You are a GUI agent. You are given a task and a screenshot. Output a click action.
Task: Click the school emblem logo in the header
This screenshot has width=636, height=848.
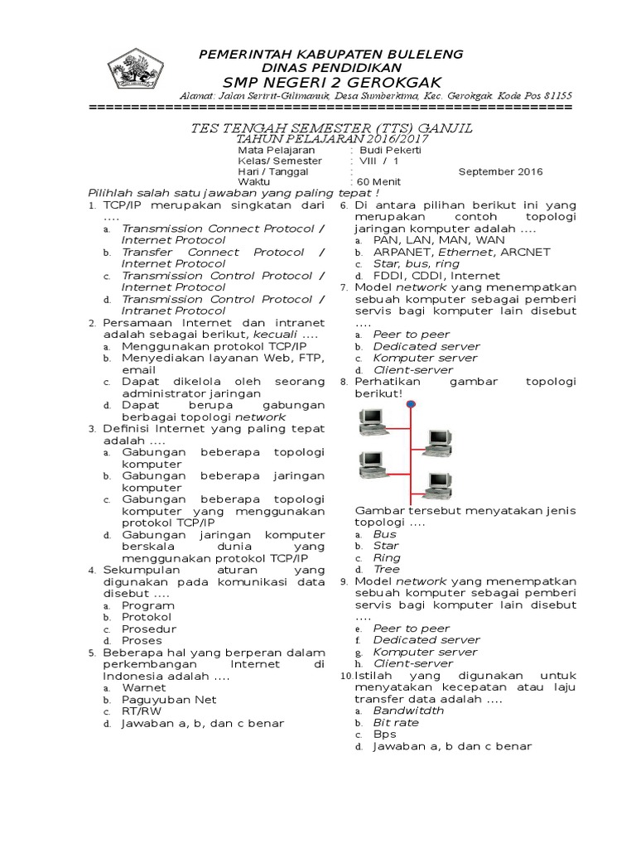click(x=137, y=70)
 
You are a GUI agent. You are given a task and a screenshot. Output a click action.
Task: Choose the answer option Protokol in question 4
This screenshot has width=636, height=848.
click(x=147, y=617)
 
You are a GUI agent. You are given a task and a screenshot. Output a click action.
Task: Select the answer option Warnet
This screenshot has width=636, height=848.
click(x=143, y=687)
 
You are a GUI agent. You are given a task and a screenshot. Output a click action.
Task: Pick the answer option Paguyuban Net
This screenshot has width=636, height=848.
click(x=169, y=699)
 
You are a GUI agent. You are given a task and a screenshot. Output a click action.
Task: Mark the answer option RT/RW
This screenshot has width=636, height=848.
click(x=142, y=711)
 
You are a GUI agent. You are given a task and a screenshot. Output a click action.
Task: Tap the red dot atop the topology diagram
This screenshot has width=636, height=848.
click(x=412, y=404)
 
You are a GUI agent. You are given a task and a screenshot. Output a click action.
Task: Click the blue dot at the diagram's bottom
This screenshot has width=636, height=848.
click(x=412, y=502)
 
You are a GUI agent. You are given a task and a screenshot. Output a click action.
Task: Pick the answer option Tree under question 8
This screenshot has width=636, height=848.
click(x=386, y=570)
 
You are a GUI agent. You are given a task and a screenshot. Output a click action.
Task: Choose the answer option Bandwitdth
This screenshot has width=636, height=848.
click(x=408, y=711)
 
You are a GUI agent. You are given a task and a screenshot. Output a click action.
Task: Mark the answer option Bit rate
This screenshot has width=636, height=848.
click(x=396, y=722)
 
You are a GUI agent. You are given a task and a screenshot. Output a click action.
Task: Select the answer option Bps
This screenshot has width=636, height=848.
click(x=385, y=734)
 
